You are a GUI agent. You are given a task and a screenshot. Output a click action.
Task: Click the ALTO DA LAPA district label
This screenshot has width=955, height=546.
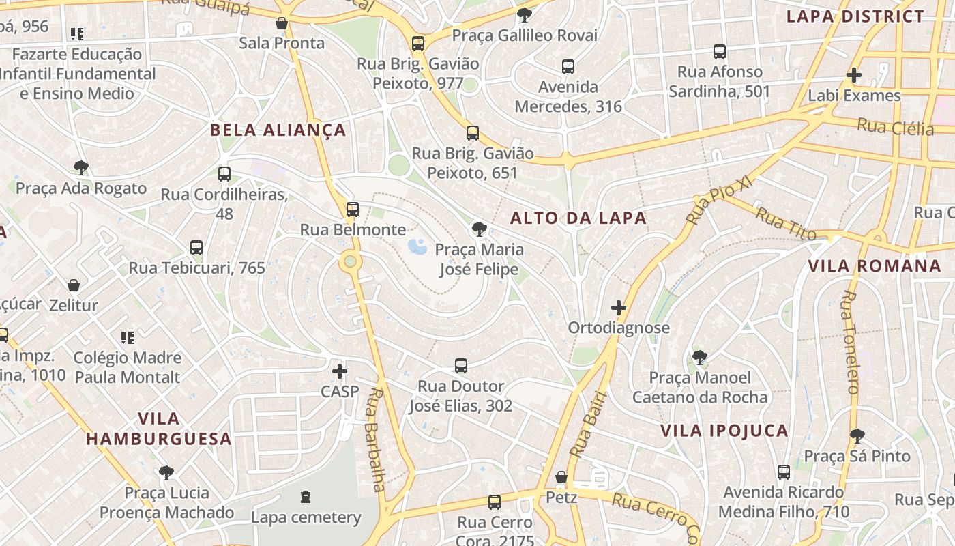pos(578,218)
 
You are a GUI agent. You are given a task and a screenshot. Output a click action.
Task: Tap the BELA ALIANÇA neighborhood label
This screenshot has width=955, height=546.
pos(278,130)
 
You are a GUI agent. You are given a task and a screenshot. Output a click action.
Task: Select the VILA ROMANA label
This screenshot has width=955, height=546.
pos(875,266)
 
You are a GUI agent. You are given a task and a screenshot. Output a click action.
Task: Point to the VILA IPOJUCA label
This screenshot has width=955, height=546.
pos(724,431)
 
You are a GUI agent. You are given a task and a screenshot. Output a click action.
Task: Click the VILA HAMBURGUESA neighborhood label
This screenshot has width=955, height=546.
pos(159,429)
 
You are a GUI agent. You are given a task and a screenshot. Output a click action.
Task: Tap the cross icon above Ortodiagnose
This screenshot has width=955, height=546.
pos(619,308)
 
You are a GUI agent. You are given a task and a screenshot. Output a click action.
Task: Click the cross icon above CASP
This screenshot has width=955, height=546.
pos(340,371)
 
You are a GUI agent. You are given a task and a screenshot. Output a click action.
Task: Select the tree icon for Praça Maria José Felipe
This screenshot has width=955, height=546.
pos(480,229)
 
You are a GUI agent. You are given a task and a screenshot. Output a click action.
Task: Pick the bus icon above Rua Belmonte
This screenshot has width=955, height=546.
pos(353,210)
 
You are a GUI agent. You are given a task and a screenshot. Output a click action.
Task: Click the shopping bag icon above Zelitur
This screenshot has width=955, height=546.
pos(74,285)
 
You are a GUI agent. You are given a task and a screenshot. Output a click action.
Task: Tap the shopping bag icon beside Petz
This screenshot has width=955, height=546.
pos(561,477)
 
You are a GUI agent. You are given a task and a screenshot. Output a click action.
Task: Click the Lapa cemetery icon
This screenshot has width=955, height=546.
pos(305,497)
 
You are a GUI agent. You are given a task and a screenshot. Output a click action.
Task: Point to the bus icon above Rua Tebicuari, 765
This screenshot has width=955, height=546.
pos(196,248)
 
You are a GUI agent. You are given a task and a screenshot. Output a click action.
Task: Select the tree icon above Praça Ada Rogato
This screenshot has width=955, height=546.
pos(81,168)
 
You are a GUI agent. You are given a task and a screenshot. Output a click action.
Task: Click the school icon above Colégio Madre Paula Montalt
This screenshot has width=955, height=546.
pos(128,337)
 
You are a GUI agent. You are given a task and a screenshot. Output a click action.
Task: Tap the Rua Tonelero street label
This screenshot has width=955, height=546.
pos(851,343)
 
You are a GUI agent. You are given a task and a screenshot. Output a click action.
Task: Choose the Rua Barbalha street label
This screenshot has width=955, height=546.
pos(374,440)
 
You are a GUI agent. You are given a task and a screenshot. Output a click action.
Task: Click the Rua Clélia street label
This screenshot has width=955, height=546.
pos(895,127)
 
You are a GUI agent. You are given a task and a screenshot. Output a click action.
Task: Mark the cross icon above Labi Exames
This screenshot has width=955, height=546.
pos(854,75)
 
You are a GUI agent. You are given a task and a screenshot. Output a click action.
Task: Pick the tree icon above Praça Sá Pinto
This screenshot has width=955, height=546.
pos(857,435)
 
